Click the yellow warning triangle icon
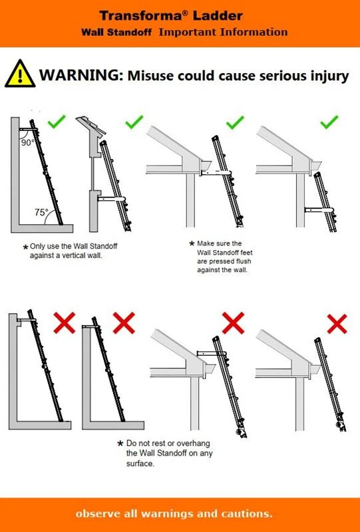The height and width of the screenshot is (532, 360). pos(20,74)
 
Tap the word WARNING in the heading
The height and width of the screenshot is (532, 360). pos(81,75)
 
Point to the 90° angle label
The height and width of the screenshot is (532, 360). pos(28,143)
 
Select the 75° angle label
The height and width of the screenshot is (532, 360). pos(41,212)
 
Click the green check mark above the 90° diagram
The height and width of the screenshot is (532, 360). pos(57,122)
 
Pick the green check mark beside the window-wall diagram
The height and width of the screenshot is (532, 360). pos(134,122)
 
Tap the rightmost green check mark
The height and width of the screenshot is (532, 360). pos(329,122)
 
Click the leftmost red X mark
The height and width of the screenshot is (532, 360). pos(65,323)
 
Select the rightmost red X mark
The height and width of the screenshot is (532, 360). pos(337,324)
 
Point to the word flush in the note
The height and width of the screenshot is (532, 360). pos(244,261)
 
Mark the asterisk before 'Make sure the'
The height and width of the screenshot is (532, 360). pos(192,243)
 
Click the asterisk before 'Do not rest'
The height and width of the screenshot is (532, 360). pos(120,444)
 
